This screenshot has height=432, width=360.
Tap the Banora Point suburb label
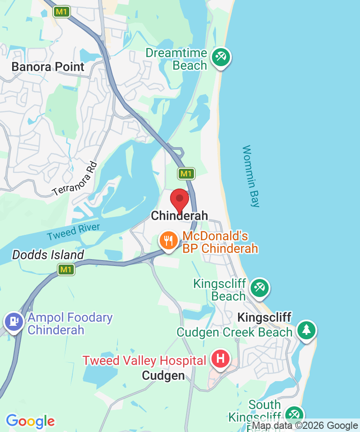pos(48,67)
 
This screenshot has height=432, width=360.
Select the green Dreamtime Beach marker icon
pos(221,58)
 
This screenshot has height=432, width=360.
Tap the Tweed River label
pos(73,231)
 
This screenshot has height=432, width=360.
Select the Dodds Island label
pos(48,255)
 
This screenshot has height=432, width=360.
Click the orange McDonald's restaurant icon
pos(169,240)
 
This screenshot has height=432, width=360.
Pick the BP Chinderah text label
pos(220,248)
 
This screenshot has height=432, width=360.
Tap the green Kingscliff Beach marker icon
pos(259,288)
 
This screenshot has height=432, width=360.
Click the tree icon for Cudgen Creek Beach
pos(306,331)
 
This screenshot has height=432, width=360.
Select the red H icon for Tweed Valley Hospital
pos(220,359)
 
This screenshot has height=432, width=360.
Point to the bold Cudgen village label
pos(163,376)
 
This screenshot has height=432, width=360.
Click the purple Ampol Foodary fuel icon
pos(14,322)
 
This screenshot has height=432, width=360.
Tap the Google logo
pos(30,422)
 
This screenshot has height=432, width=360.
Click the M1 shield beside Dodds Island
pos(66,270)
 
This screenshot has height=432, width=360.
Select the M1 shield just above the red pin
pos(186,173)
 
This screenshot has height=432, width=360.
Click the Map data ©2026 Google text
pos(305,426)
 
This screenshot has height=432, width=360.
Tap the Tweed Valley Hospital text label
pos(144,361)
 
